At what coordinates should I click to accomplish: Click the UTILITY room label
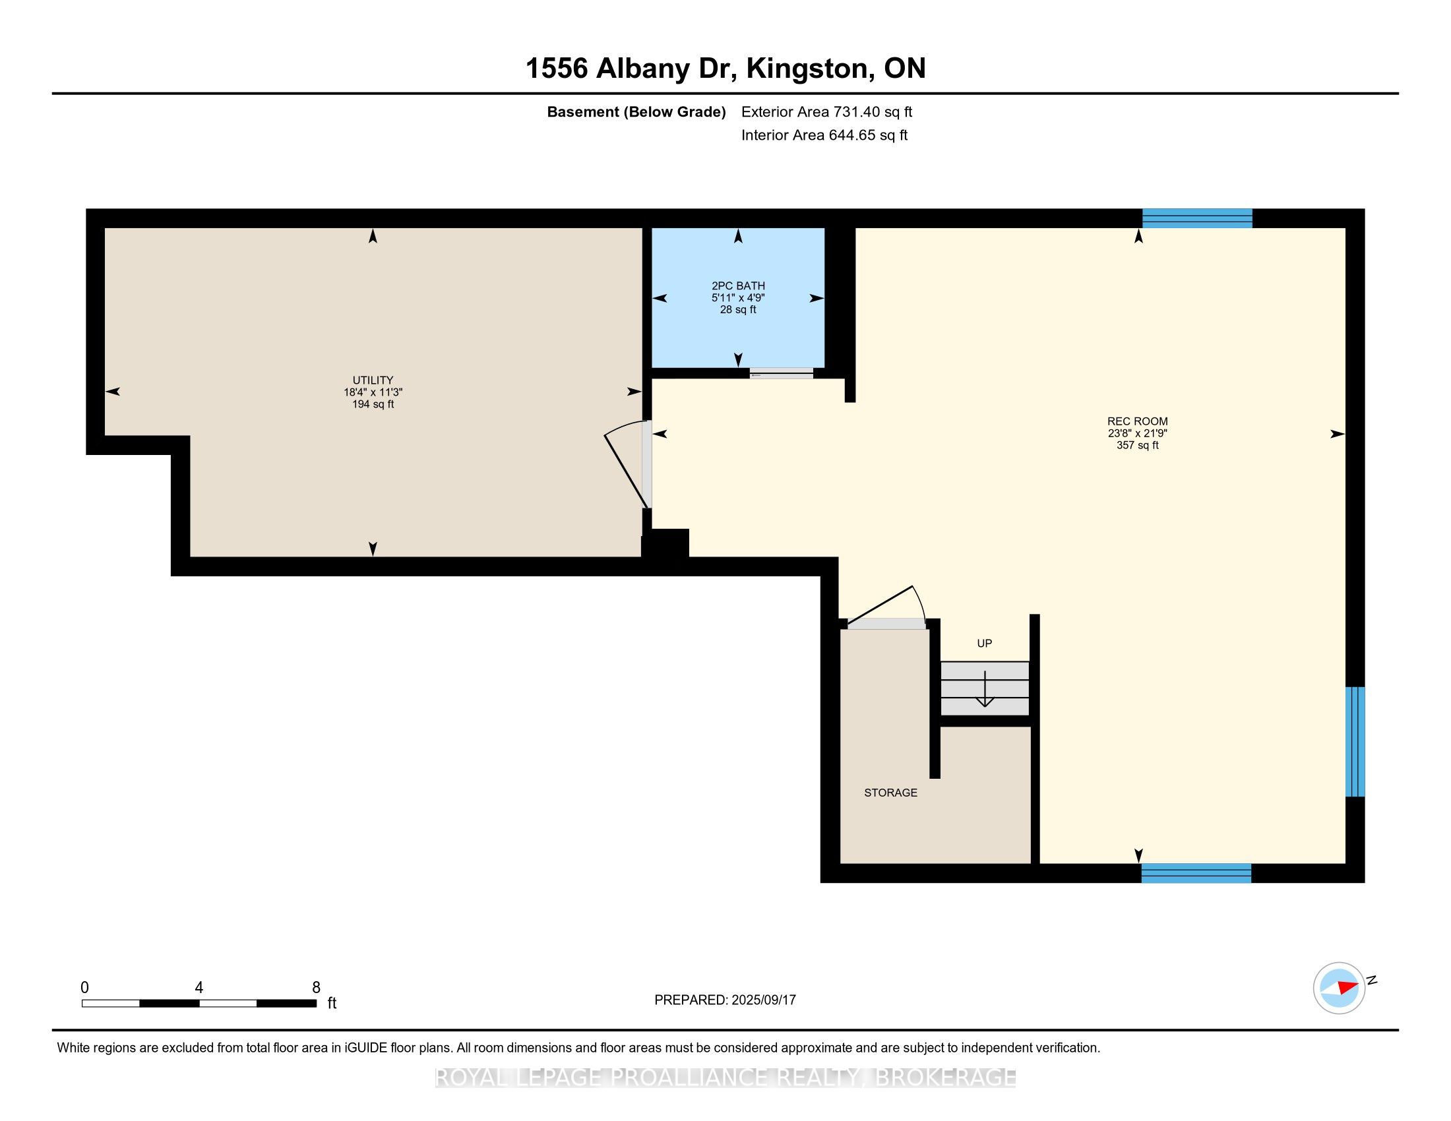coord(373,380)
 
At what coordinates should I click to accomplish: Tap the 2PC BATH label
coord(738,286)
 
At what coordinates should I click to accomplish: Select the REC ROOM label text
coord(1138,421)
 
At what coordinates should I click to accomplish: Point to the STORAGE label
coord(890,792)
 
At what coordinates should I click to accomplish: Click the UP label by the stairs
coord(984,643)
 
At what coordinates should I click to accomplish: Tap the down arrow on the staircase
coord(984,688)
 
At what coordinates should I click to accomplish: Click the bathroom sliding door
coord(782,373)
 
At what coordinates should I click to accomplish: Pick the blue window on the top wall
coord(1196,218)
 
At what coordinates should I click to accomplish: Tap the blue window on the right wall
coord(1355,741)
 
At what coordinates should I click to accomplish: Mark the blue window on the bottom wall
coord(1196,872)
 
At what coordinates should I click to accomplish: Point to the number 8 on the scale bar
coord(316,987)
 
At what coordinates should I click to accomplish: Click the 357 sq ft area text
coord(1138,445)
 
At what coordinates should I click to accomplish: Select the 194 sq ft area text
coord(373,404)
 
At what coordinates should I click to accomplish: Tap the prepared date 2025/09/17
coord(762,1000)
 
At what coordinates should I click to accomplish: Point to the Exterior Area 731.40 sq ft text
coord(826,111)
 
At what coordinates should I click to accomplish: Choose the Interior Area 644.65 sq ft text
coord(824,135)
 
